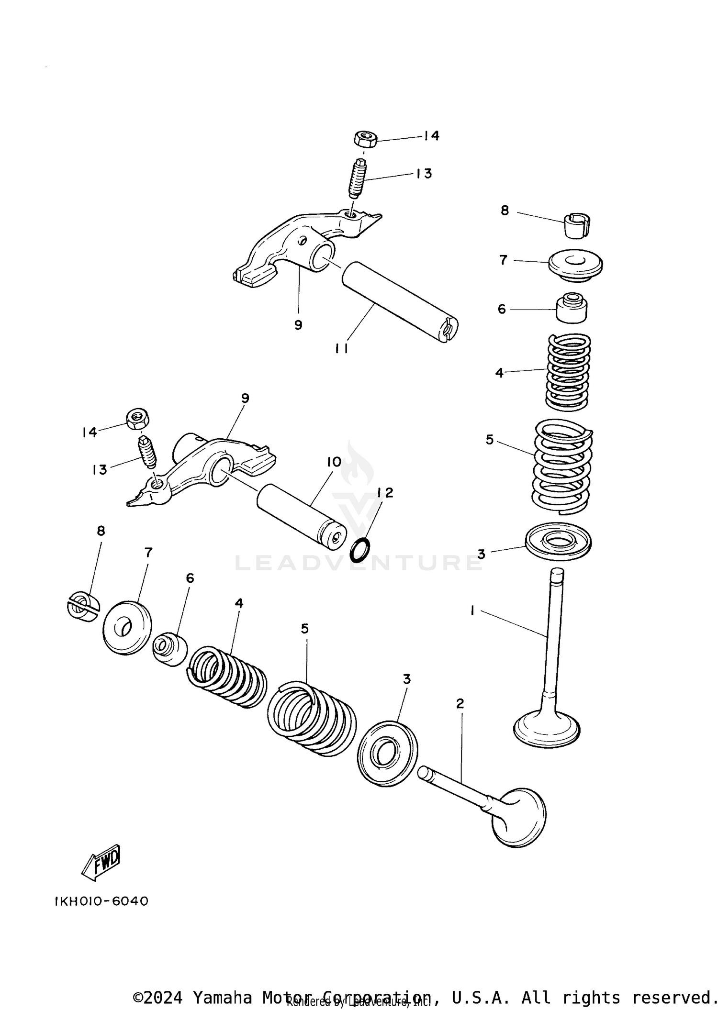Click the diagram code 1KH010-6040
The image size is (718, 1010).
101,901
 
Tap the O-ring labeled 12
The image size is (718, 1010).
360,550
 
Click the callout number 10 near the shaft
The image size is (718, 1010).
334,462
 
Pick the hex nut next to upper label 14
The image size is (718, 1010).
365,140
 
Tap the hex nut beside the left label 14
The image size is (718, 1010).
138,419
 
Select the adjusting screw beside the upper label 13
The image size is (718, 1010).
358,179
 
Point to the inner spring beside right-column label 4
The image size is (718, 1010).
568,372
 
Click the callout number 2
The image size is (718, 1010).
460,703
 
